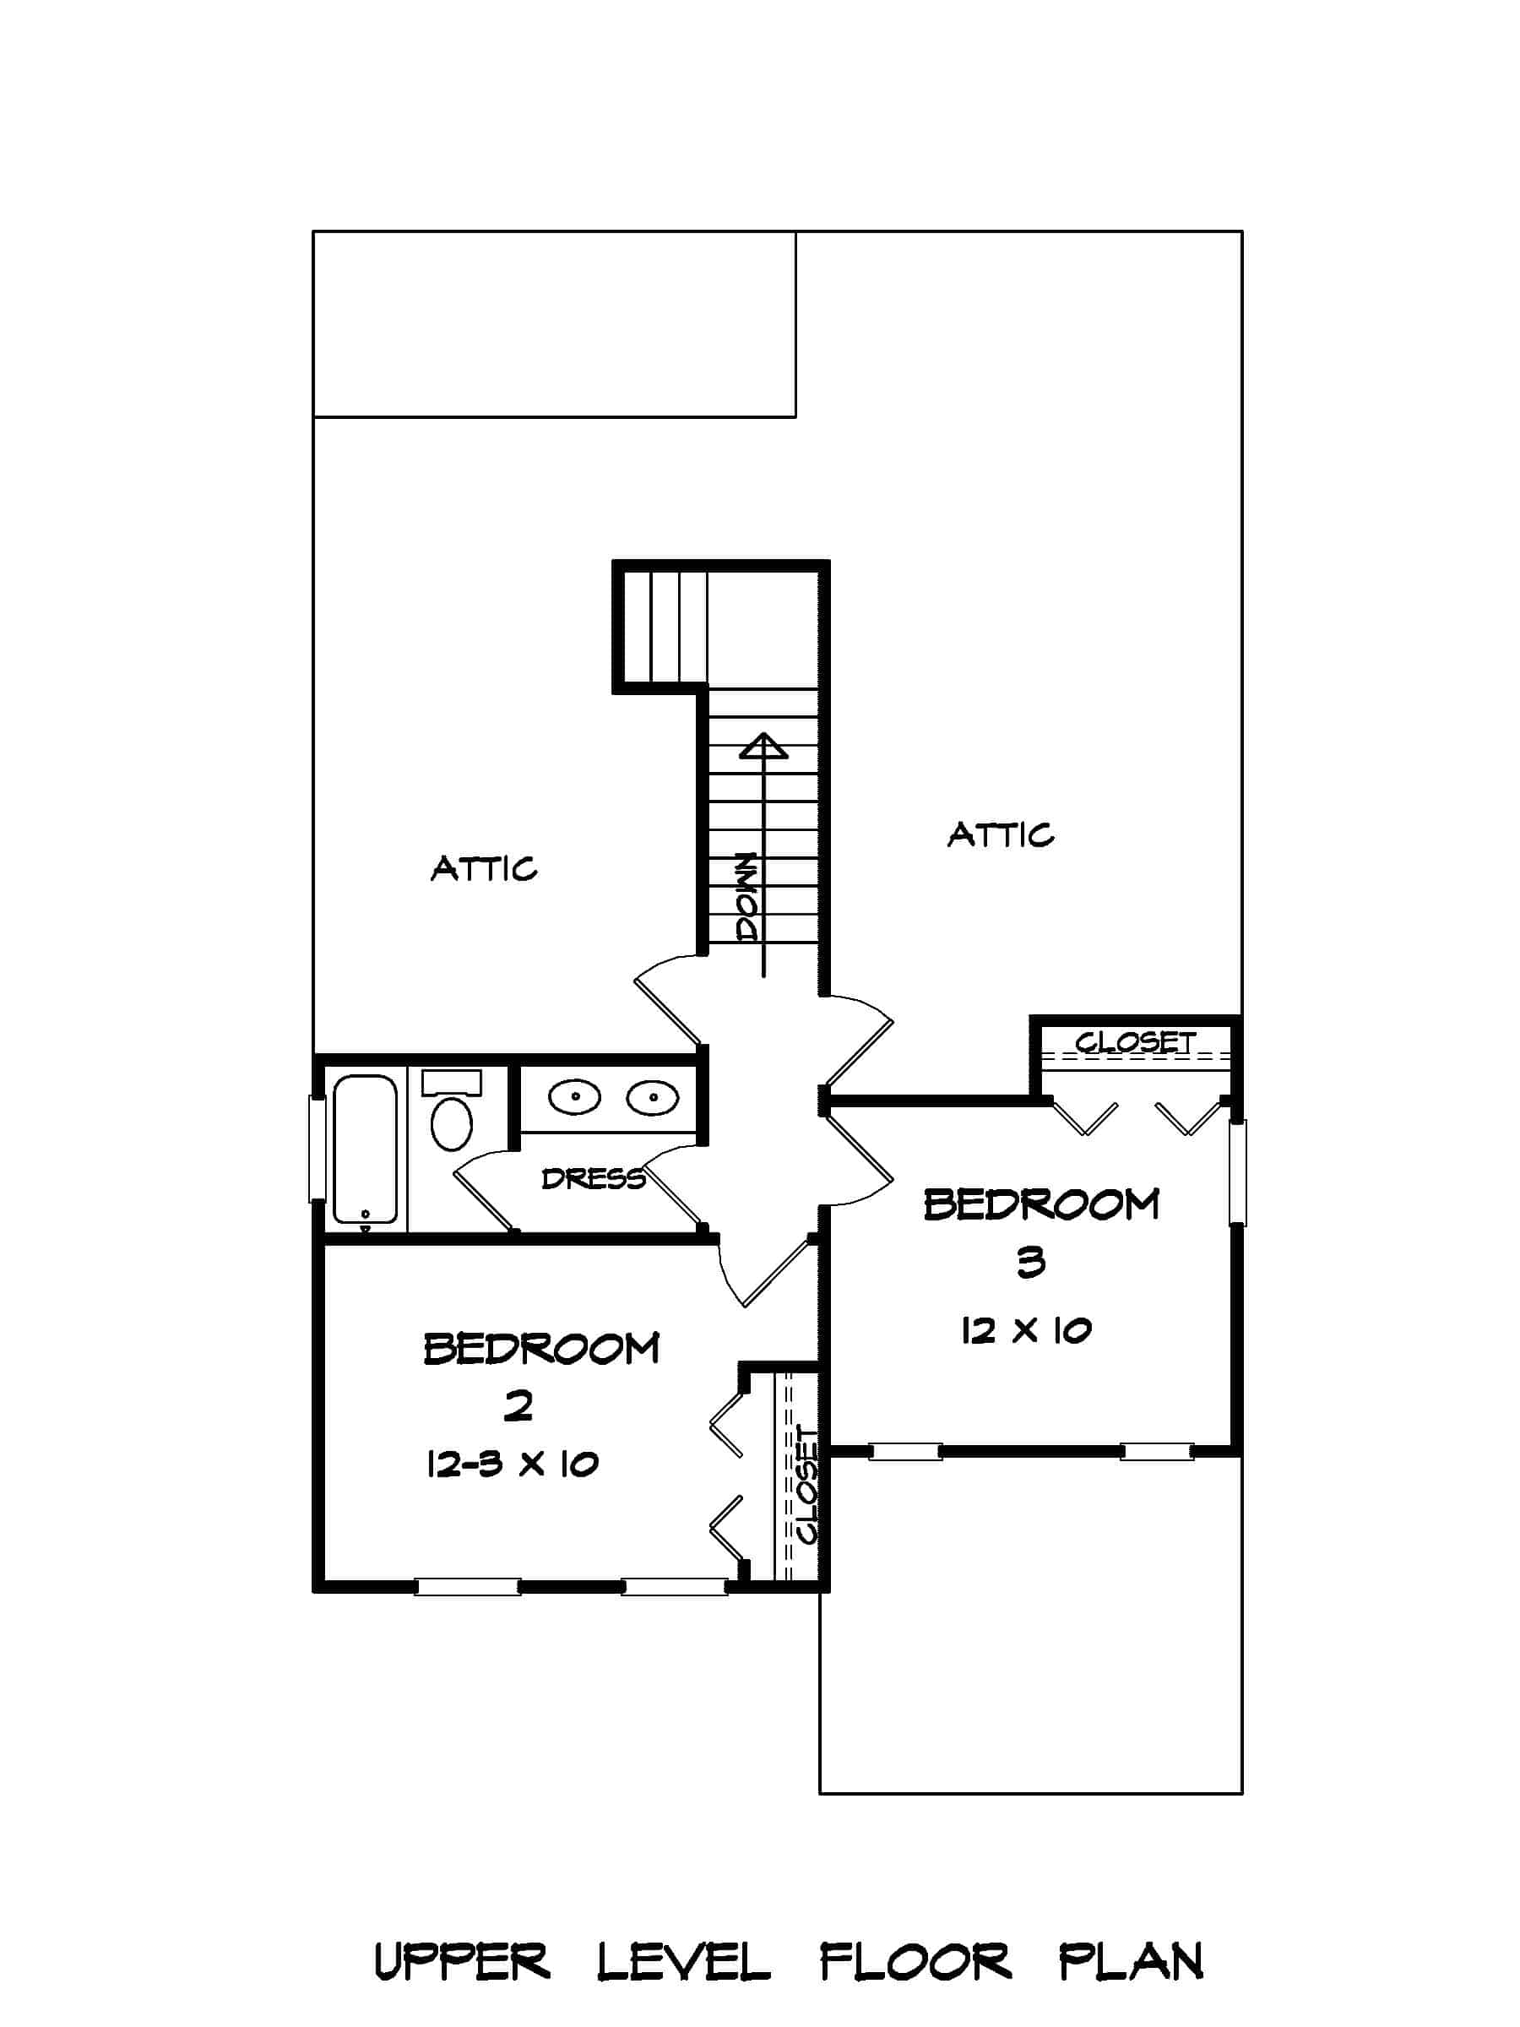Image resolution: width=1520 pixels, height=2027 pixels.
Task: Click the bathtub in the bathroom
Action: click(x=365, y=1149)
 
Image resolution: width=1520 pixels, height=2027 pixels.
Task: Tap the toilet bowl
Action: click(x=451, y=1123)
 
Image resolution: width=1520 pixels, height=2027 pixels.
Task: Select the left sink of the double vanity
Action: click(x=573, y=1096)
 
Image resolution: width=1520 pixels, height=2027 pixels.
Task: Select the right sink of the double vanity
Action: click(x=653, y=1096)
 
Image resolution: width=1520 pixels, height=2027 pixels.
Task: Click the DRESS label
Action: click(x=593, y=1178)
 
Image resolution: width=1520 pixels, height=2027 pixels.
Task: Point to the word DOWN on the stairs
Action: click(x=747, y=897)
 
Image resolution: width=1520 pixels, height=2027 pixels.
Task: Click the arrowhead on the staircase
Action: click(x=763, y=747)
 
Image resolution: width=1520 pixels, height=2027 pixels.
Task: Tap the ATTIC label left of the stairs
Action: click(x=484, y=867)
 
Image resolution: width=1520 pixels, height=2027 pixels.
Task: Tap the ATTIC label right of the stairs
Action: click(x=1001, y=834)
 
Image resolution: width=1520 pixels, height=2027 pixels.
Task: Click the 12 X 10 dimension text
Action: click(x=1025, y=1329)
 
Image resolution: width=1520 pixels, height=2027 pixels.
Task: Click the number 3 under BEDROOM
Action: click(x=1031, y=1263)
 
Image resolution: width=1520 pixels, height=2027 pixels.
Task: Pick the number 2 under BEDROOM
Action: click(x=518, y=1405)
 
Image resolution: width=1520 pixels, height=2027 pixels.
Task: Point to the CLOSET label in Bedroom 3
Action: click(x=1135, y=1042)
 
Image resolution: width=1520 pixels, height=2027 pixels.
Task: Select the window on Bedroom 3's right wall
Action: click(x=1237, y=1172)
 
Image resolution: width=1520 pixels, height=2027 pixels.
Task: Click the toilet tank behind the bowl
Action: click(x=451, y=1082)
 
